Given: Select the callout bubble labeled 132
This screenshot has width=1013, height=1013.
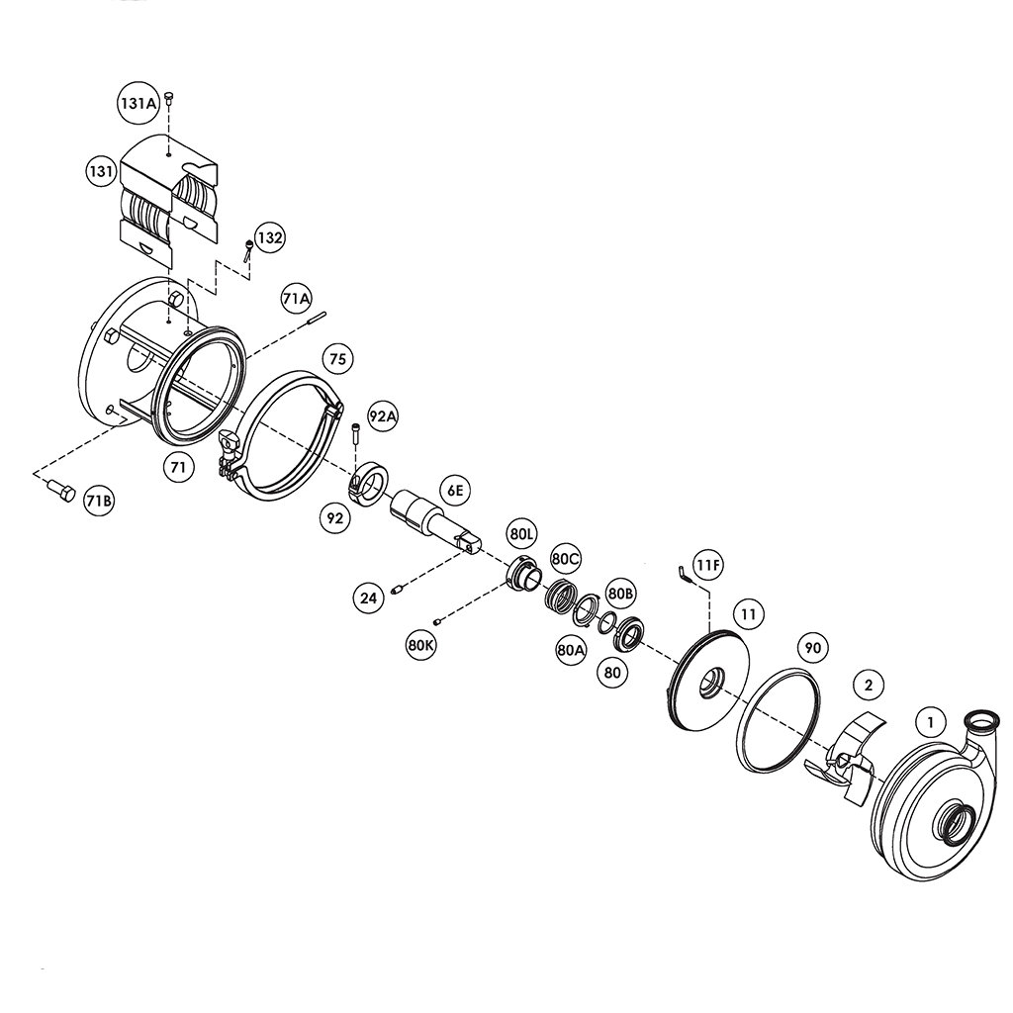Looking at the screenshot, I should [x=269, y=238].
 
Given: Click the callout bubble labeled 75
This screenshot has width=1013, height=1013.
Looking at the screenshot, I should [x=337, y=359].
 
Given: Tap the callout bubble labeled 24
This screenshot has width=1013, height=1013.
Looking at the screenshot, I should [x=369, y=598].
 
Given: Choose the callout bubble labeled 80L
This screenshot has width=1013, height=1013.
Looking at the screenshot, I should [x=521, y=533].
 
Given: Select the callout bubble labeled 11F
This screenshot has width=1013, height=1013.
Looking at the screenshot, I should [x=707, y=566].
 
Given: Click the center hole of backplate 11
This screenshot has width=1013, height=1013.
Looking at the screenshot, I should [x=709, y=682].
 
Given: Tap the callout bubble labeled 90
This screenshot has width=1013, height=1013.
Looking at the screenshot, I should [x=813, y=648].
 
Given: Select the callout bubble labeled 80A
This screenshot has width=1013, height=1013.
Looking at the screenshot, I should [x=572, y=650].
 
